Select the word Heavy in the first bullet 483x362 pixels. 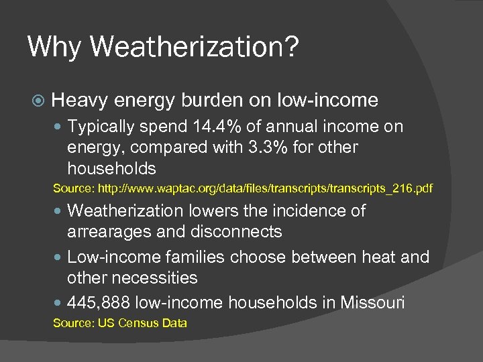click(x=79, y=101)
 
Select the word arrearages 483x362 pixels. click(x=108, y=232)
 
